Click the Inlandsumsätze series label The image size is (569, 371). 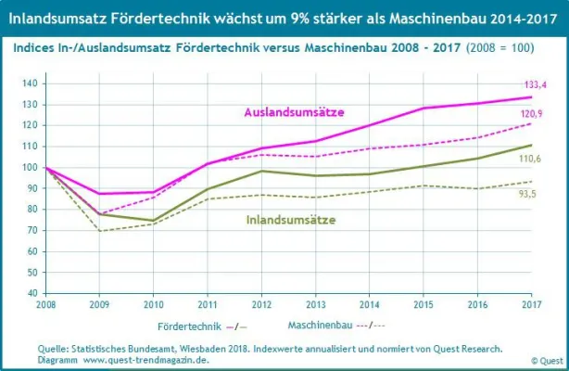click(290, 220)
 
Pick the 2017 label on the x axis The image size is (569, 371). click(530, 304)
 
